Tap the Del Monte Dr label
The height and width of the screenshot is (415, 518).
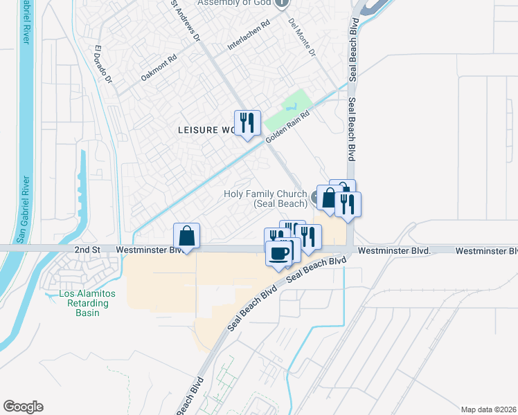pos(302,37)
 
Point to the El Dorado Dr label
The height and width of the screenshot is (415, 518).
pos(101,64)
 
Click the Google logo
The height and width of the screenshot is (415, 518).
pos(23,407)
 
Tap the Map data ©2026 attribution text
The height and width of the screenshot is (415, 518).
pos(488,409)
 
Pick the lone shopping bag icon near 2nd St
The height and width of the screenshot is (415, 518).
pos(186,236)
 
